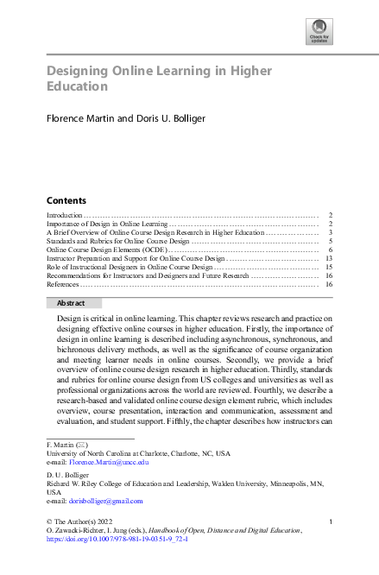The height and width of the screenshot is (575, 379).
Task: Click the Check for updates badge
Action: (x=319, y=32)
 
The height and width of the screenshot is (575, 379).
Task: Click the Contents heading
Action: (x=66, y=199)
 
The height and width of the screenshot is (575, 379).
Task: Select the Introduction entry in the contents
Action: (x=64, y=214)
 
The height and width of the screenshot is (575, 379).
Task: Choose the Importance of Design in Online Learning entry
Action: (x=106, y=224)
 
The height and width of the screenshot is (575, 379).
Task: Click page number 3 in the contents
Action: (x=332, y=232)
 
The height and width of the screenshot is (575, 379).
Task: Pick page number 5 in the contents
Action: (x=332, y=241)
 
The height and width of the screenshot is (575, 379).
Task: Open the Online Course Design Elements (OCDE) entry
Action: (x=104, y=250)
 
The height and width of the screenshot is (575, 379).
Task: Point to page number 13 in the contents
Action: (x=330, y=258)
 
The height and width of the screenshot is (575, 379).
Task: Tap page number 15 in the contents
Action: (x=330, y=267)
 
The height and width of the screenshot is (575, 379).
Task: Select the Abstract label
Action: (x=70, y=303)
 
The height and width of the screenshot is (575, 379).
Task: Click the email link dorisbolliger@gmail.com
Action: (x=105, y=501)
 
